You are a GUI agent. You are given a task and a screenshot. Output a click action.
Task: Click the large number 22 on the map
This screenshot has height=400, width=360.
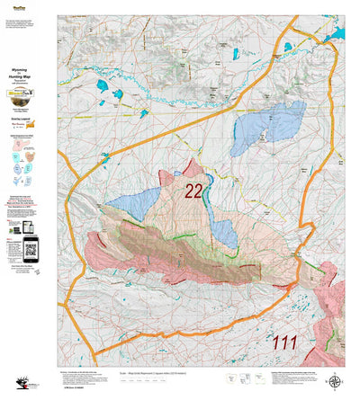coord(193,191)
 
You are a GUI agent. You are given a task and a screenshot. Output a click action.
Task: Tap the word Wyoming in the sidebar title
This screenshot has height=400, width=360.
coord(28,67)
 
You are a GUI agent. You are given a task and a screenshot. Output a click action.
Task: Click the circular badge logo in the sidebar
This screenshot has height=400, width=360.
coord(29,102)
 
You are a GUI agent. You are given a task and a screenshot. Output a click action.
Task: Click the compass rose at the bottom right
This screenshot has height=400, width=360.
coord(335,380)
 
